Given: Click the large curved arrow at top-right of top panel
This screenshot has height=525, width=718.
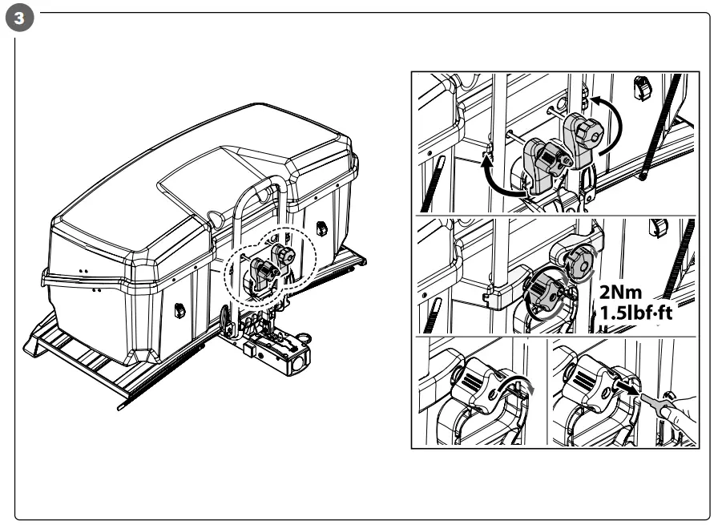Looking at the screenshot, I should point(616,120).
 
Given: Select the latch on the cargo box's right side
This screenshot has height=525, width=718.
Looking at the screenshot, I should point(321,229).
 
